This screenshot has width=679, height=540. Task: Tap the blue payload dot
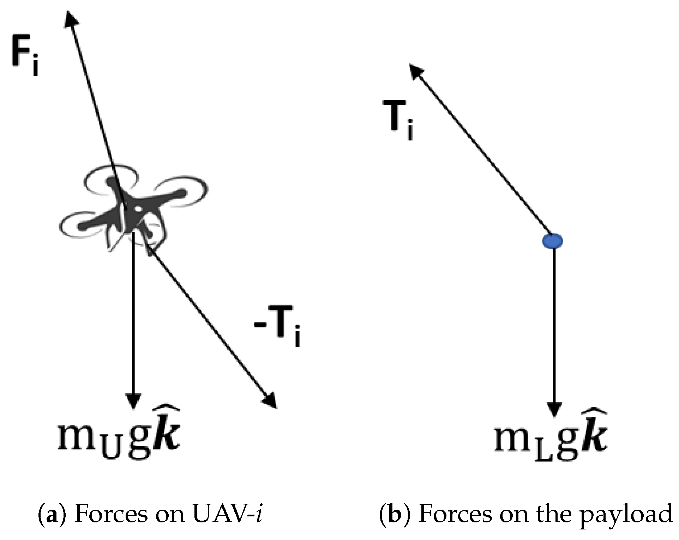pos(552,241)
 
